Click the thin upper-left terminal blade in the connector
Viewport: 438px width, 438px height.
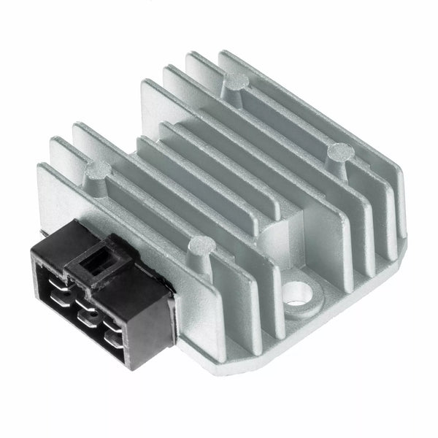tap(51, 274)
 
